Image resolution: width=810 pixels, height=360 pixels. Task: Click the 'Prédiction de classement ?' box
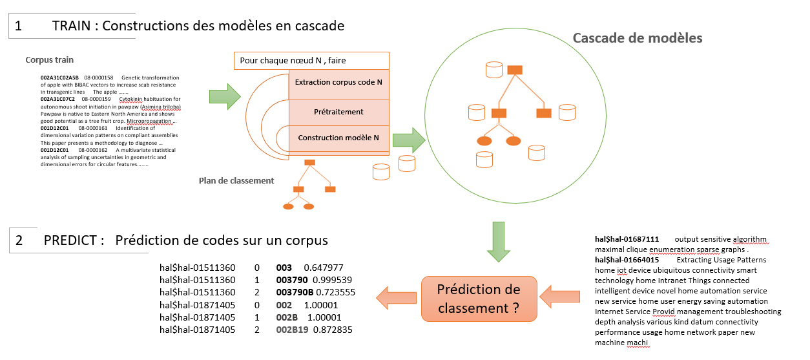tap(479, 299)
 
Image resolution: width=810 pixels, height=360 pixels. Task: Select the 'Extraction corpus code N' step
tap(338, 83)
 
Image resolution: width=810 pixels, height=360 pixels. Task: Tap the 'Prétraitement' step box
tap(338, 112)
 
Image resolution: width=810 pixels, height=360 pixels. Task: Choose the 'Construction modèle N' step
tap(338, 138)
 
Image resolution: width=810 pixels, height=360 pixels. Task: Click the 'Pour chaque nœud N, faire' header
tap(311, 61)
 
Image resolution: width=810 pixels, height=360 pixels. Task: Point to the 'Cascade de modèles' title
tap(638, 37)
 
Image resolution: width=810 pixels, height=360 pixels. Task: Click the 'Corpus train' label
tap(50, 60)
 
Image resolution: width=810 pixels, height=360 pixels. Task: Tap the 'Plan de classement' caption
tap(236, 180)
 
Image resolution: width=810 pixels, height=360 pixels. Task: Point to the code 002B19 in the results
tap(291, 330)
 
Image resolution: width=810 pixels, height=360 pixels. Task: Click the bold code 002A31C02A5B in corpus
tap(59, 78)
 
